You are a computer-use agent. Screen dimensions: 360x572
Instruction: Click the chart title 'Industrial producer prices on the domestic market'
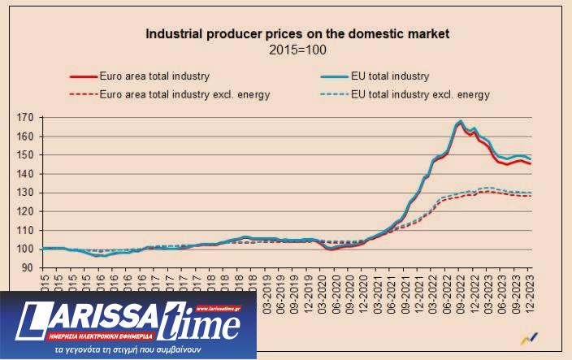pyautogui.click(x=297, y=35)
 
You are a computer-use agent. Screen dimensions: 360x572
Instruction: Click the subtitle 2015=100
pyautogui.click(x=297, y=50)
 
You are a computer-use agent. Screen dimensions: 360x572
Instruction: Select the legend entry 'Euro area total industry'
pyautogui.click(x=154, y=76)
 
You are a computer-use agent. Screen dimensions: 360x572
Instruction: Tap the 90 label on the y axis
pyautogui.click(x=27, y=267)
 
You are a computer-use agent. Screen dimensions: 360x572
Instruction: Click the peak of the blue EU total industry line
pyautogui.click(x=461, y=121)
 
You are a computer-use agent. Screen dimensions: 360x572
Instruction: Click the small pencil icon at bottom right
pyautogui.click(x=529, y=338)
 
